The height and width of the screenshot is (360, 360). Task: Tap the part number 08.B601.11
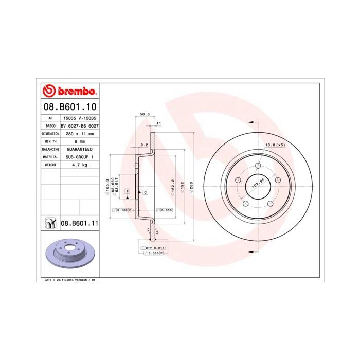[x=79, y=223]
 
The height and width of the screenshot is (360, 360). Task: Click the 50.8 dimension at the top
[x=145, y=114]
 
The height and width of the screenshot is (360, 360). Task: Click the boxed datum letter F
[x=127, y=191]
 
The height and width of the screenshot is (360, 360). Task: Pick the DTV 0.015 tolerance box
[x=152, y=248]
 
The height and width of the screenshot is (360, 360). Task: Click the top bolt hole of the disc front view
[x=258, y=166]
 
